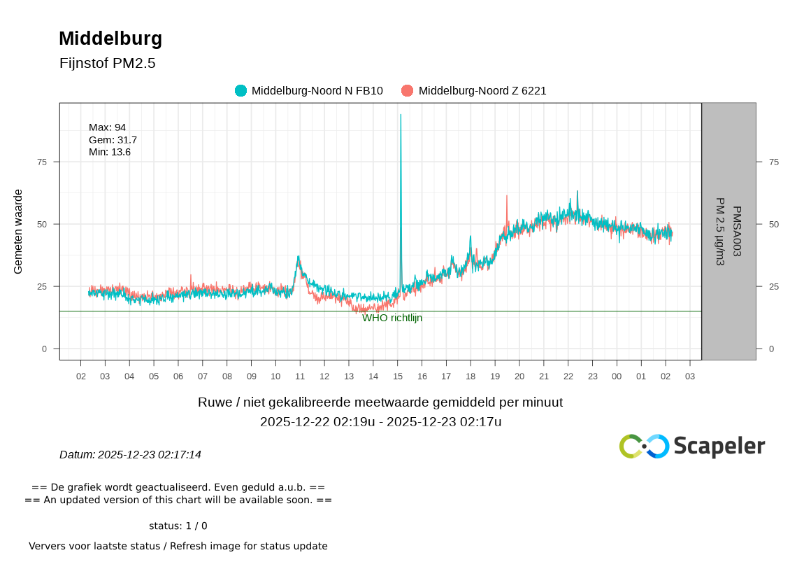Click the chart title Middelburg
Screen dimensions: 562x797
click(x=110, y=38)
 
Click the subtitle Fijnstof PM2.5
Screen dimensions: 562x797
click(x=108, y=63)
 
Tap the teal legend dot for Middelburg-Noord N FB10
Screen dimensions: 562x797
click(x=241, y=90)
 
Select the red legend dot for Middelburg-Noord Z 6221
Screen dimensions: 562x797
click(x=408, y=90)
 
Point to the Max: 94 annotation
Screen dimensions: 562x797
click(x=107, y=127)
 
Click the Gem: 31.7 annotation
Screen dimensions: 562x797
click(x=113, y=140)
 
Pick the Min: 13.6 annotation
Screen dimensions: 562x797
click(x=110, y=152)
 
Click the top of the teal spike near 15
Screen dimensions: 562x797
click(x=401, y=115)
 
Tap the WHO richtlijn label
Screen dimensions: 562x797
click(x=392, y=318)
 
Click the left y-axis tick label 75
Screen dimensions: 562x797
click(x=42, y=162)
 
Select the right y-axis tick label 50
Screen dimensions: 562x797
click(x=773, y=224)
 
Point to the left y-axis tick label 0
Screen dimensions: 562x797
click(x=45, y=349)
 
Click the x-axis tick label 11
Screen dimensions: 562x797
click(x=300, y=377)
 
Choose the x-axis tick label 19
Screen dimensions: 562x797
click(x=495, y=377)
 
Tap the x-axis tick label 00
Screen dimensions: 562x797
click(x=617, y=377)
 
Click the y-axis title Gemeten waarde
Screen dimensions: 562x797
click(x=19, y=231)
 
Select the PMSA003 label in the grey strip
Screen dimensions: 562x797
click(x=735, y=232)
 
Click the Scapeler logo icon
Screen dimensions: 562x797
click(x=644, y=446)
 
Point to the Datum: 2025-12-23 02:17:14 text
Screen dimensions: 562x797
click(x=130, y=455)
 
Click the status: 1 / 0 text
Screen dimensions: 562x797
click(x=178, y=526)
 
